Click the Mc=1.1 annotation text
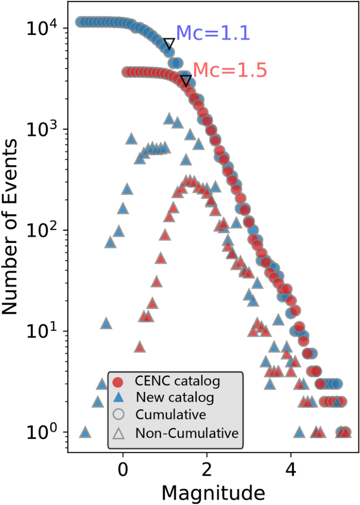[x=212, y=33]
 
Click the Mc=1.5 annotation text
[x=230, y=70]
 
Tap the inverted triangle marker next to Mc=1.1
[x=169, y=44]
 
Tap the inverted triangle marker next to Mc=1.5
[x=186, y=80]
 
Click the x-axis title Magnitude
[x=213, y=492]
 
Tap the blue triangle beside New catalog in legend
[x=119, y=398]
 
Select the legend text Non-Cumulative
[x=187, y=433]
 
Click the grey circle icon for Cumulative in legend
[x=119, y=415]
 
